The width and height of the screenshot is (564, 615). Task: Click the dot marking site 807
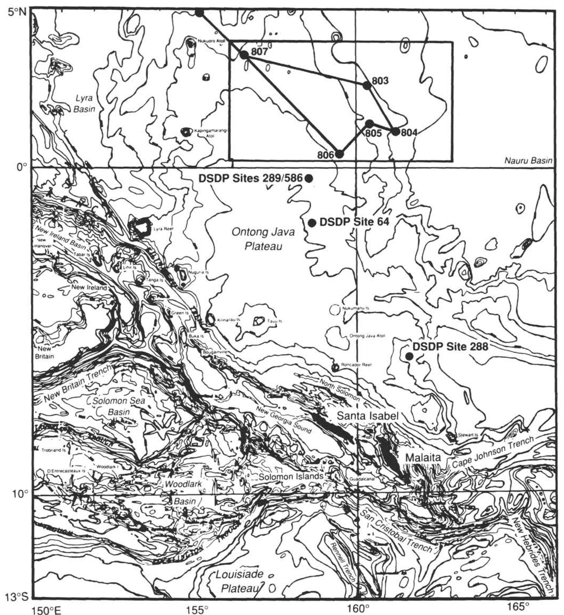pyautogui.click(x=244, y=55)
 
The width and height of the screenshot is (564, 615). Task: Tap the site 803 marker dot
pyautogui.click(x=367, y=85)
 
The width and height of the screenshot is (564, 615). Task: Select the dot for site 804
pyautogui.click(x=396, y=132)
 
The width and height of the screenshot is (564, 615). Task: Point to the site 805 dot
pyautogui.click(x=370, y=124)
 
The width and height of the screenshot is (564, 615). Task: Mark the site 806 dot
pyautogui.click(x=339, y=154)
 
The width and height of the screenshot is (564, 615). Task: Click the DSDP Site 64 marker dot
pyautogui.click(x=312, y=223)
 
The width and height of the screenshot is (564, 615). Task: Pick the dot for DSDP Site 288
pyautogui.click(x=409, y=356)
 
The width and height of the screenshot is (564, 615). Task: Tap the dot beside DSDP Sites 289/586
pyautogui.click(x=309, y=178)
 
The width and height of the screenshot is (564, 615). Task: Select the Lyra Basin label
pyautogui.click(x=84, y=104)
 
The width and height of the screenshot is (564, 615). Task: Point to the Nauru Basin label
pyautogui.click(x=528, y=161)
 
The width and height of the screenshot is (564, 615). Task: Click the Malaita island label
pyautogui.click(x=423, y=458)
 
